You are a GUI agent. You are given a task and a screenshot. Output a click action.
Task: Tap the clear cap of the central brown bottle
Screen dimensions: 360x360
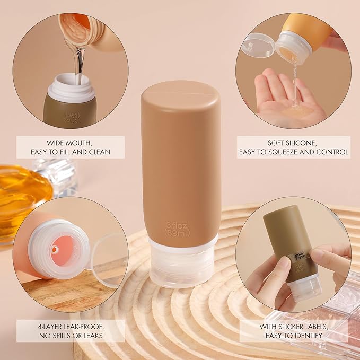(181, 262)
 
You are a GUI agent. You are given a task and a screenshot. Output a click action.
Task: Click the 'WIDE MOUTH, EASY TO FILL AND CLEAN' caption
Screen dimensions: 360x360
(71, 147)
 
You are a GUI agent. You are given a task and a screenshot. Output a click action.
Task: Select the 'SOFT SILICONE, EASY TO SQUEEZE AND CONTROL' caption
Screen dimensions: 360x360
(293, 147)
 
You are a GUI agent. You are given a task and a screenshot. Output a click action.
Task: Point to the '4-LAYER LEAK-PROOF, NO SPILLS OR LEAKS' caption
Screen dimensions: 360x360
(71, 330)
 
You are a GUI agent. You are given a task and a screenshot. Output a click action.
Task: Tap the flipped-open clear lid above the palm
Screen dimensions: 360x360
(257, 45)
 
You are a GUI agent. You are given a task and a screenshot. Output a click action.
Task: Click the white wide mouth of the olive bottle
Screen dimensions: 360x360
(71, 87)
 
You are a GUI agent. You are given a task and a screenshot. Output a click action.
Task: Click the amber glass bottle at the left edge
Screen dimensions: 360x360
(21, 196)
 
